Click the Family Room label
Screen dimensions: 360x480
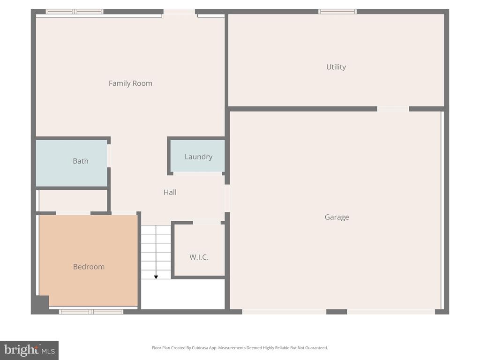(x=130, y=83)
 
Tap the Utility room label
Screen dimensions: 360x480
(x=336, y=67)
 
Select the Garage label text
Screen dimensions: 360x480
(x=337, y=217)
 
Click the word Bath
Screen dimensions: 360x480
(x=80, y=161)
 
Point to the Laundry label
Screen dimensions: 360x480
(x=198, y=157)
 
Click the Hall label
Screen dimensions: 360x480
(x=170, y=192)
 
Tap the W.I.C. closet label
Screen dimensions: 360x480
(x=199, y=257)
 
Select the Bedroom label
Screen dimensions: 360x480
(x=89, y=267)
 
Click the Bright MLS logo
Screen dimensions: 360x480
(x=29, y=350)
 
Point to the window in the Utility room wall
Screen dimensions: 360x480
(x=337, y=11)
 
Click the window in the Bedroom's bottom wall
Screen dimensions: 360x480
(x=91, y=312)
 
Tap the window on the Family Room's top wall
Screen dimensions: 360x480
(x=75, y=11)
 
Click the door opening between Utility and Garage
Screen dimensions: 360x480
(x=393, y=109)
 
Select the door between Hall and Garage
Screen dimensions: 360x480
(x=227, y=198)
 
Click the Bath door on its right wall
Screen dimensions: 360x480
(x=109, y=156)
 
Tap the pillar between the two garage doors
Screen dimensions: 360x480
(x=337, y=312)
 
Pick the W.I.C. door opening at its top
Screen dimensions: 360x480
(x=207, y=223)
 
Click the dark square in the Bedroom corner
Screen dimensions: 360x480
(x=40, y=303)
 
